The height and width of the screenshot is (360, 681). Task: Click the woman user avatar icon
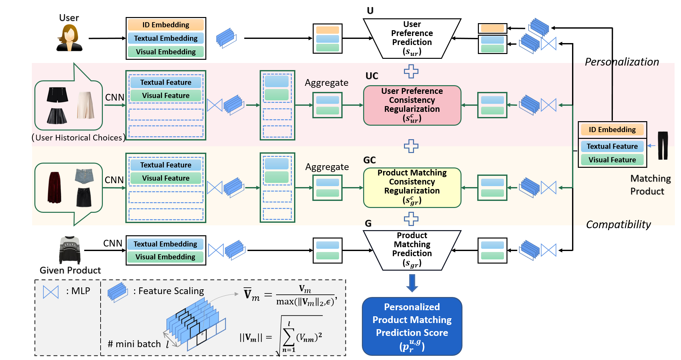coord(69,38)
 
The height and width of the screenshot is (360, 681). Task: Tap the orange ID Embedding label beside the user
coord(166,25)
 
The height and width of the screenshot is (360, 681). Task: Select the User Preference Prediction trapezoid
coord(412,38)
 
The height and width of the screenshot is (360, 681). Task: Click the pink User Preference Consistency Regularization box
coord(412,105)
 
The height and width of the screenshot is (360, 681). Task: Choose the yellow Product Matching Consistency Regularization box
coord(412,187)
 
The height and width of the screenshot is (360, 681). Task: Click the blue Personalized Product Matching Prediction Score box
coord(412,326)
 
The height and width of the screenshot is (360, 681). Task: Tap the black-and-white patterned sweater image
coord(70,250)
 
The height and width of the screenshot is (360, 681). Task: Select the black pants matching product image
coord(663,145)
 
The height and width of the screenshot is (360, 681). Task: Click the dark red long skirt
coord(54,187)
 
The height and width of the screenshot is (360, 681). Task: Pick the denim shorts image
coord(85,176)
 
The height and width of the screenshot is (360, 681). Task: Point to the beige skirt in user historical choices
coord(85,105)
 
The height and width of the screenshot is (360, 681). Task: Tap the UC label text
coord(372,76)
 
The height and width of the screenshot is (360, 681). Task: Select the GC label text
coord(370,160)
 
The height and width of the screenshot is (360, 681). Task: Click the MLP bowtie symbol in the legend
coord(51,292)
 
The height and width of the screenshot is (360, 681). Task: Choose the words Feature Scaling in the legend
coord(171,291)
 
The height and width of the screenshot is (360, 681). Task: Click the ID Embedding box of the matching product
coord(612,130)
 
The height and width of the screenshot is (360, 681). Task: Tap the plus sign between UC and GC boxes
coord(411,146)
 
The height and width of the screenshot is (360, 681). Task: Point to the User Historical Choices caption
coord(79,138)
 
